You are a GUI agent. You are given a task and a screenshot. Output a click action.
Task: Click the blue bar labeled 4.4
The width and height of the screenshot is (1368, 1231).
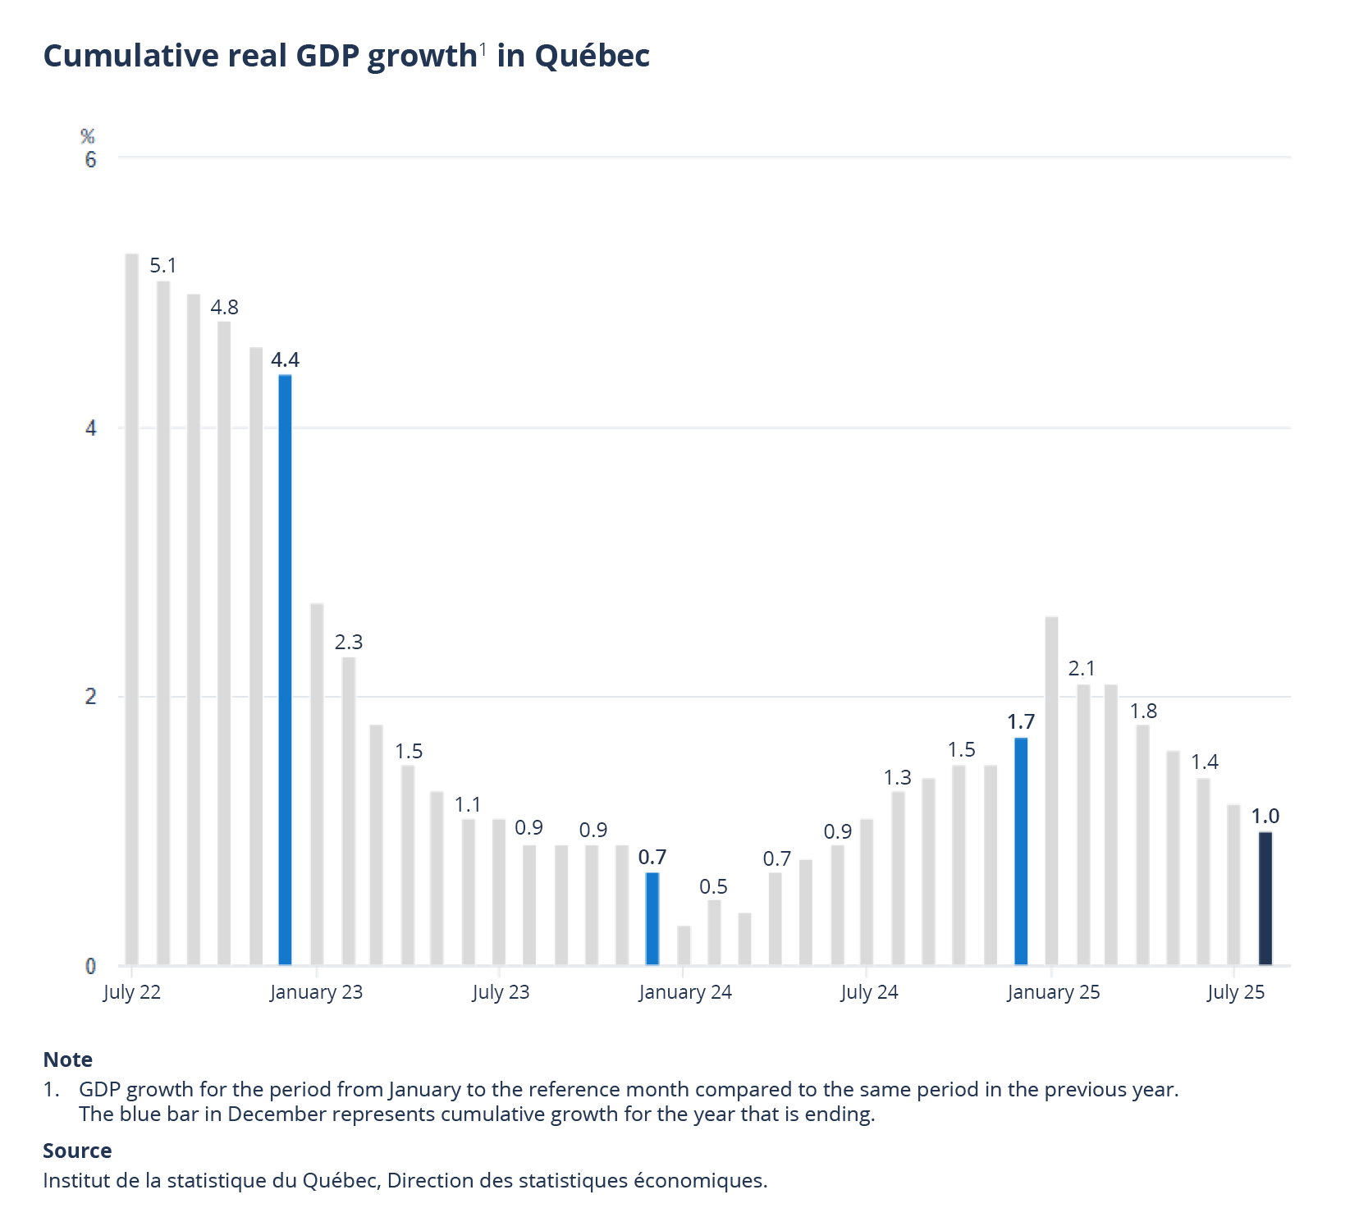tap(285, 669)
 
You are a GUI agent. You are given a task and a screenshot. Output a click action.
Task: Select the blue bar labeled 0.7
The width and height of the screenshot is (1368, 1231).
tap(652, 918)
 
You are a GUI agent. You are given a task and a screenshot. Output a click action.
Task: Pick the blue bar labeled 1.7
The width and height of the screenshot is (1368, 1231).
tap(1021, 851)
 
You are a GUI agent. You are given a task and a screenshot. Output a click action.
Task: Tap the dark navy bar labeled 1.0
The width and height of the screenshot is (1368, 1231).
tap(1265, 899)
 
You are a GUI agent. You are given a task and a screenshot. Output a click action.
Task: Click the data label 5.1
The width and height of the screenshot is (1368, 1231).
tap(162, 266)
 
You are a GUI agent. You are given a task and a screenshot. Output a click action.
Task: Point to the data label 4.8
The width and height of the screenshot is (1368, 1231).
tap(224, 308)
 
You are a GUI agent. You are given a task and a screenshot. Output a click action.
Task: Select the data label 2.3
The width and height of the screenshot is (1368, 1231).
tap(349, 642)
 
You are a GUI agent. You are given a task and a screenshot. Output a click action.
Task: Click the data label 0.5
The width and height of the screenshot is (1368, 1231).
tap(713, 887)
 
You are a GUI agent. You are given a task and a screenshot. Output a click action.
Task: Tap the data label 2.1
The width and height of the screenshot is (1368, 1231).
tap(1082, 669)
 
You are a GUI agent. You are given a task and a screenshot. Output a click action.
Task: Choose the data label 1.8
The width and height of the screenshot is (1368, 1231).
tap(1144, 712)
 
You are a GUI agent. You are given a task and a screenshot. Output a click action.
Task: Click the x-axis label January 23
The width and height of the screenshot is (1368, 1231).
tap(316, 992)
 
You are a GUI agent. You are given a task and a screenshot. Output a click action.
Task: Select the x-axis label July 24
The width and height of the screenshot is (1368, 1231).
tap(869, 992)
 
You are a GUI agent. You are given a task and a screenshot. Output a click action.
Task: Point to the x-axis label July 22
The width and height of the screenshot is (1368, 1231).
tap(131, 992)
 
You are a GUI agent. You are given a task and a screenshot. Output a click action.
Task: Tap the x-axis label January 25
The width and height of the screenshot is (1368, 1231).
tap(1053, 992)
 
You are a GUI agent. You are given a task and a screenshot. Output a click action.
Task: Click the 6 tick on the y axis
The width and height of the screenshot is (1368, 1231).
tap(90, 159)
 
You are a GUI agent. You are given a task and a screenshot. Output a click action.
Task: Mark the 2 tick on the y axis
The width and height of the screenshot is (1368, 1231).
tap(90, 697)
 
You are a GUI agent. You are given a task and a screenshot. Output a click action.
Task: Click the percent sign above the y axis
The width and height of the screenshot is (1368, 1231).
tap(88, 136)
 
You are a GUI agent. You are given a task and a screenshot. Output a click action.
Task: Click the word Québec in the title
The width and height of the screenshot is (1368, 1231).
tap(592, 56)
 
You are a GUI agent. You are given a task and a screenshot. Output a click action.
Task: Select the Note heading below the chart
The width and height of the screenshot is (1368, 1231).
tap(67, 1059)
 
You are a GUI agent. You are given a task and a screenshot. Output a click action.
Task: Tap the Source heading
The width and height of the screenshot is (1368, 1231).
tap(77, 1151)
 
